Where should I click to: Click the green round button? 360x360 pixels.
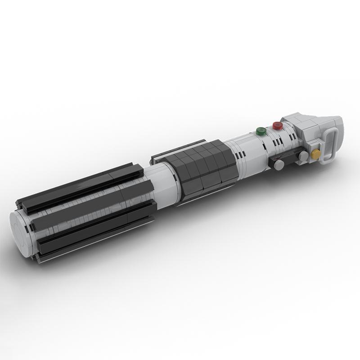point(260,131)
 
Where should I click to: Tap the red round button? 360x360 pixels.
point(277,125)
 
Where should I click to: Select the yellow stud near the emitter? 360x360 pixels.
point(316,154)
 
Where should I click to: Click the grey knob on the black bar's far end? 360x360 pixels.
point(279,166)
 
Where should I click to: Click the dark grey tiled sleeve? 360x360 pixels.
point(202,169)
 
